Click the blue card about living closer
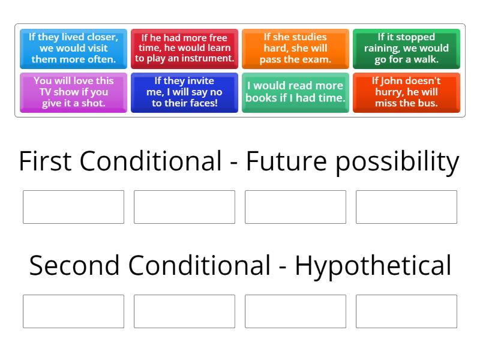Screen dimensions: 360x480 73,49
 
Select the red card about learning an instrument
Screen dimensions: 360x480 184,49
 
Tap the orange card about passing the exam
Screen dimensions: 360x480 295,49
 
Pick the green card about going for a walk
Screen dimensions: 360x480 406,49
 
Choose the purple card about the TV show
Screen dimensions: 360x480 73,92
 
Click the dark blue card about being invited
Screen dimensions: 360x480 184,92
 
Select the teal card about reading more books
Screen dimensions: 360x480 295,92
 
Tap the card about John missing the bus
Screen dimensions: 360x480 406,92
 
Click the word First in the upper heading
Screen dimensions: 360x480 45,162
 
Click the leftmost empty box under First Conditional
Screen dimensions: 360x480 73,207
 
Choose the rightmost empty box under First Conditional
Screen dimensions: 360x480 406,207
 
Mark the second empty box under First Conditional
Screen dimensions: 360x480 184,207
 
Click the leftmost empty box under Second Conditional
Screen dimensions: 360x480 73,311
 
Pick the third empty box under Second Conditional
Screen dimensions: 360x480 295,311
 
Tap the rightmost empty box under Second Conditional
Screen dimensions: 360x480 406,311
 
